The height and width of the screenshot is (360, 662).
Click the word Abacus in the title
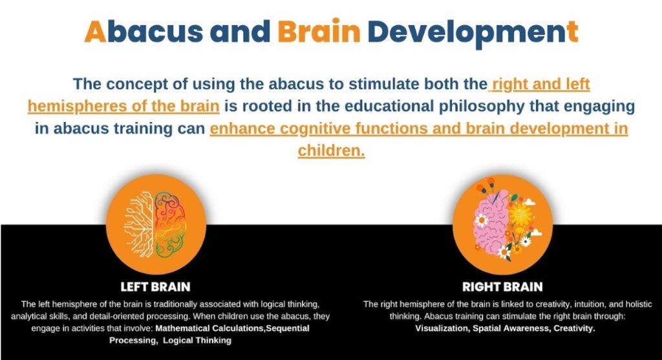(144, 32)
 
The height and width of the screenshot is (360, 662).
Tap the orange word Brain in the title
(319, 31)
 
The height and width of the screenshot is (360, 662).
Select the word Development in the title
(473, 34)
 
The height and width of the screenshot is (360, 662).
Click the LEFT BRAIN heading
(155, 287)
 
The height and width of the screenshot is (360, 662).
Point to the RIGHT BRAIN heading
(502, 287)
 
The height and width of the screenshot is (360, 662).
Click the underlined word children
(331, 151)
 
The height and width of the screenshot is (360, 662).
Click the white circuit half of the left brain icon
(138, 224)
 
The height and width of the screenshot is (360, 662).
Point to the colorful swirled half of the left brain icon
(170, 224)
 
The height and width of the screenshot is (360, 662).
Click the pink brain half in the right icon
(491, 224)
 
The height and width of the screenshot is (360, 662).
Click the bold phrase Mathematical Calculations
(210, 328)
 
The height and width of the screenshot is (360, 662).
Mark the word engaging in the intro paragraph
(599, 107)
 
